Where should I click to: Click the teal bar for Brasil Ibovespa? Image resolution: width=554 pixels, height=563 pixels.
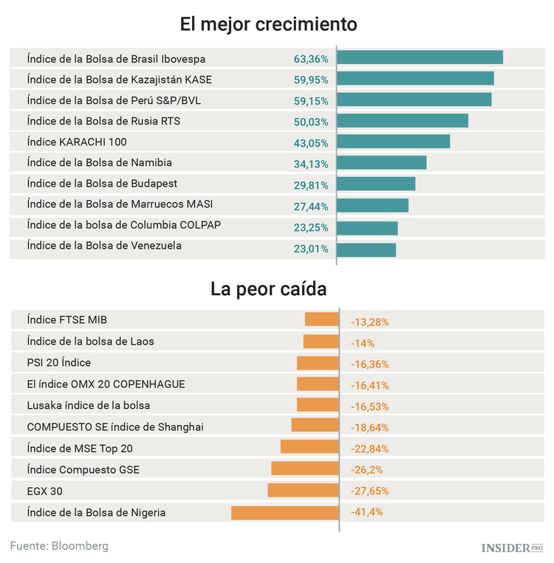[x=420, y=58]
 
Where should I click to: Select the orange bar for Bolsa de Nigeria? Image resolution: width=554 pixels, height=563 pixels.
[x=284, y=513]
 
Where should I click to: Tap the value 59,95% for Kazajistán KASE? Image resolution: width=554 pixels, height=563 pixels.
[x=311, y=80]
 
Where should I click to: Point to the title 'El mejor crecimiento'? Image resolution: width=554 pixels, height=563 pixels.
[x=269, y=24]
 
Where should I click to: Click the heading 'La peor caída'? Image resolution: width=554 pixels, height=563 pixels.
[x=269, y=288]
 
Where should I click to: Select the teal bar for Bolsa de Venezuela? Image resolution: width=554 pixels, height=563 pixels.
[x=366, y=249]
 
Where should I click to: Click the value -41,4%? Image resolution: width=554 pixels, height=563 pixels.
[x=366, y=513]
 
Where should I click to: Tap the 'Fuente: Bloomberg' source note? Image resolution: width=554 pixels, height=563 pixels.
[x=59, y=546]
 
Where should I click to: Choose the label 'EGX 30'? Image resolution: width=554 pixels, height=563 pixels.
[x=45, y=491]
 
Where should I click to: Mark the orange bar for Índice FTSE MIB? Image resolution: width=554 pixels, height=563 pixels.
[x=321, y=320]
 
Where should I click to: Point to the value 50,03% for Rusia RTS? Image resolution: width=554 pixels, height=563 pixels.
[x=311, y=122]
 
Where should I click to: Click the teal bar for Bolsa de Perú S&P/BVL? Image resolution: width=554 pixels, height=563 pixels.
[x=414, y=100]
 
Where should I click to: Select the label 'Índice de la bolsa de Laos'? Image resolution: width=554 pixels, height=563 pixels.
[x=90, y=342]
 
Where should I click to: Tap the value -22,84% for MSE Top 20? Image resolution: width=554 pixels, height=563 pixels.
[x=369, y=449]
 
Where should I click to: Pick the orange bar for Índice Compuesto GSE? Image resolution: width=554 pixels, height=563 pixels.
[x=304, y=469]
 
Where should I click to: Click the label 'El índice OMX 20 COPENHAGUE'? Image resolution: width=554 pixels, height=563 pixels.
[x=106, y=384]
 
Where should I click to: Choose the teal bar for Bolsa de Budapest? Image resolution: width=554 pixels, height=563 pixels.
[x=376, y=184]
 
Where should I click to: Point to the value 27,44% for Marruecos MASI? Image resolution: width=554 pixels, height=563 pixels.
[x=311, y=207]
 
